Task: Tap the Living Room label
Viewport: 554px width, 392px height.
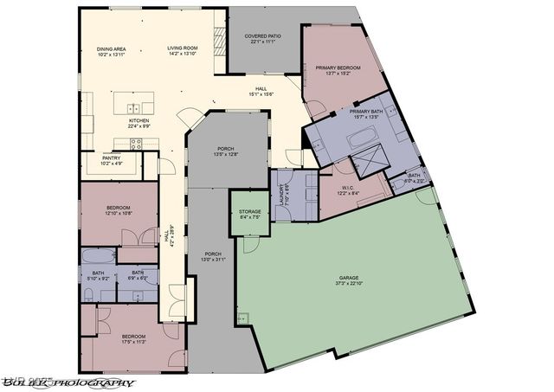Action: pyautogui.click(x=183, y=48)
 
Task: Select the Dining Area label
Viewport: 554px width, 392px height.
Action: pyautogui.click(x=113, y=48)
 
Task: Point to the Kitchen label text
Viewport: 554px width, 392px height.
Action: pyautogui.click(x=139, y=120)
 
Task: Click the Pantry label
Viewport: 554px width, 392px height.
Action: pyautogui.click(x=112, y=158)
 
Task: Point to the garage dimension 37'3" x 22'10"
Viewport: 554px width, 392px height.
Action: pyautogui.click(x=348, y=283)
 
